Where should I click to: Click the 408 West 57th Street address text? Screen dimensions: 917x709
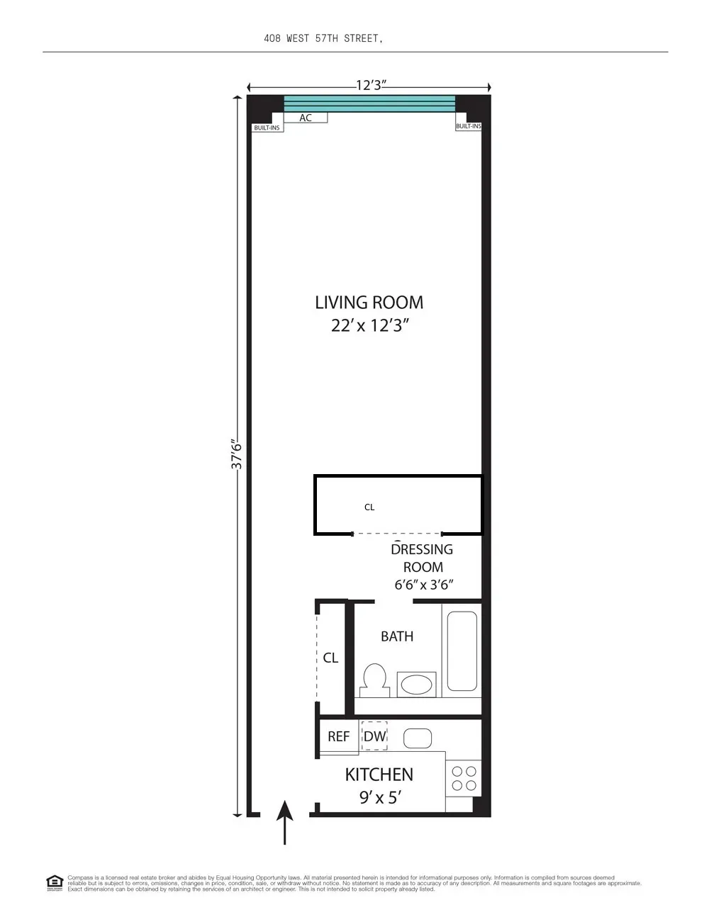[323, 38]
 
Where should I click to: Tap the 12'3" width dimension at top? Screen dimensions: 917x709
[371, 86]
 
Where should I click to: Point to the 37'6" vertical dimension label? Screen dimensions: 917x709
[238, 454]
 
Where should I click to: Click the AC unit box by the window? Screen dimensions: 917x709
[306, 118]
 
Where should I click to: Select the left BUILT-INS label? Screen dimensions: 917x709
[267, 128]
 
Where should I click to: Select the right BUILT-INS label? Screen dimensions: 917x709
[468, 126]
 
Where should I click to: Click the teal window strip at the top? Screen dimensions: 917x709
[369, 103]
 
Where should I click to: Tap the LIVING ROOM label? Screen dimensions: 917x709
[369, 303]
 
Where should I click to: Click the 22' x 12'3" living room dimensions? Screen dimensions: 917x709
[370, 326]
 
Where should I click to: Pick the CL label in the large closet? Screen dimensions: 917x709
[369, 507]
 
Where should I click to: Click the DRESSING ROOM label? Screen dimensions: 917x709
[423, 558]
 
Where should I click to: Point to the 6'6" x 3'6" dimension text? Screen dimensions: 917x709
[423, 585]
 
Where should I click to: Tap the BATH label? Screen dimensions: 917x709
[397, 636]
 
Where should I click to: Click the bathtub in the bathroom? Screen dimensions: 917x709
[462, 651]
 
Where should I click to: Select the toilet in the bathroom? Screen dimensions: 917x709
[374, 679]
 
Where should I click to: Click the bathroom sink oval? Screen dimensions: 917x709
[416, 685]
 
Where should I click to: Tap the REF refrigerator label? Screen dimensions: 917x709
[338, 737]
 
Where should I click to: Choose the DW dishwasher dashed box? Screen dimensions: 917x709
[374, 736]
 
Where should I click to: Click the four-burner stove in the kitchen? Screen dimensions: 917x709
[464, 778]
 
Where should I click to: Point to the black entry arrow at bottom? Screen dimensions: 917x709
[284, 822]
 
